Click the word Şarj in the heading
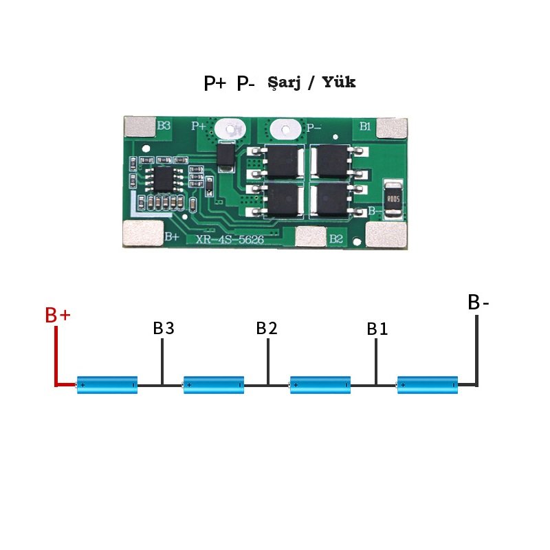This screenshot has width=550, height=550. [x=284, y=83]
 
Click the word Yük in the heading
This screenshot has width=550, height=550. [x=339, y=82]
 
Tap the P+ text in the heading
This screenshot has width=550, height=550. [x=214, y=83]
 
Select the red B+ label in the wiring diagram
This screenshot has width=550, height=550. [x=58, y=315]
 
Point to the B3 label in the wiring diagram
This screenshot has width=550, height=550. [x=164, y=329]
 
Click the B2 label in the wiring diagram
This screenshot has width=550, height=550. [x=267, y=329]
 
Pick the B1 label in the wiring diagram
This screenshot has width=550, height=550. [x=377, y=329]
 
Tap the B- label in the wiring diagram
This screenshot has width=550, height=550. [x=478, y=302]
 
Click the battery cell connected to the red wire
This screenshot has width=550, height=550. [x=107, y=385]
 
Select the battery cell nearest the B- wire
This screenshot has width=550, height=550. [x=427, y=385]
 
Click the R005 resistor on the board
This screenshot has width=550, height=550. [x=393, y=199]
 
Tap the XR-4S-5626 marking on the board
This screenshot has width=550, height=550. [x=230, y=239]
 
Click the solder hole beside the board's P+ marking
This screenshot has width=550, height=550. [x=230, y=129]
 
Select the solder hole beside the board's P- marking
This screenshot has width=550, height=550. [x=285, y=130]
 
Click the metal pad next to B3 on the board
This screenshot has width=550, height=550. [x=140, y=126]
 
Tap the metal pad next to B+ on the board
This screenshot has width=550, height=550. [x=144, y=233]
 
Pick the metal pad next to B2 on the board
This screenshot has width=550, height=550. [x=311, y=236]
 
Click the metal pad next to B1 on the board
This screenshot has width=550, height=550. [x=392, y=128]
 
